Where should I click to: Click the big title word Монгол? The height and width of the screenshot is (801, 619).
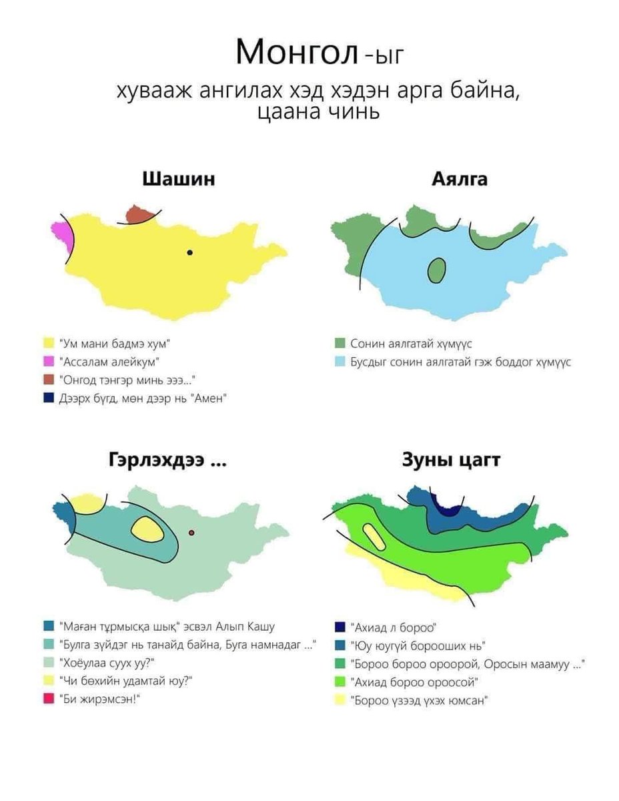pos(297,53)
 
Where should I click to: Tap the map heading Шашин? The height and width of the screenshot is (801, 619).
pos(179,179)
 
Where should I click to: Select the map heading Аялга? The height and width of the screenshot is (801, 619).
pos(460,179)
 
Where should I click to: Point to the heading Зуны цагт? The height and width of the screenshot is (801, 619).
pos(451,461)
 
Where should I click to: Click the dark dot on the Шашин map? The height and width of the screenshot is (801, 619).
pos(190,252)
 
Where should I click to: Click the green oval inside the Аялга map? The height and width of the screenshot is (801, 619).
pos(436,270)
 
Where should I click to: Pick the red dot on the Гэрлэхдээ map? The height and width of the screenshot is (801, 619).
pos(191,533)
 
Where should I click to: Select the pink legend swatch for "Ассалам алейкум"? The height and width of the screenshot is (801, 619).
pos(48,361)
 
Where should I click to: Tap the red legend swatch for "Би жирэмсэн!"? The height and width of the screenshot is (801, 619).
pos(48,698)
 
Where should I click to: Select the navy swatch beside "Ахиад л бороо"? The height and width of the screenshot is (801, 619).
pos(340,626)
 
